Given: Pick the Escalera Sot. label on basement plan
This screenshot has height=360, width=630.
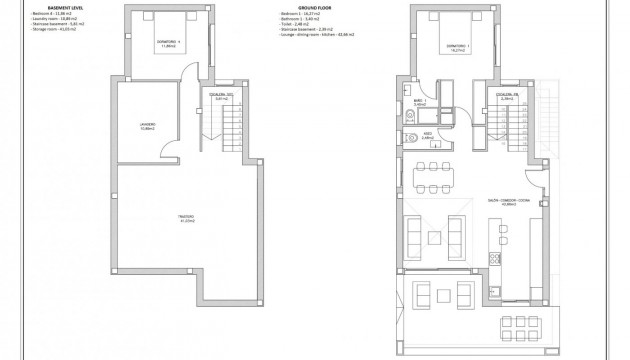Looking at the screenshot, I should point(223,97).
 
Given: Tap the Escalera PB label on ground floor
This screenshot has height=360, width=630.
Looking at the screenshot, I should point(505,97).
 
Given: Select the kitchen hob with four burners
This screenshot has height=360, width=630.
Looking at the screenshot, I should point(492,262).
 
